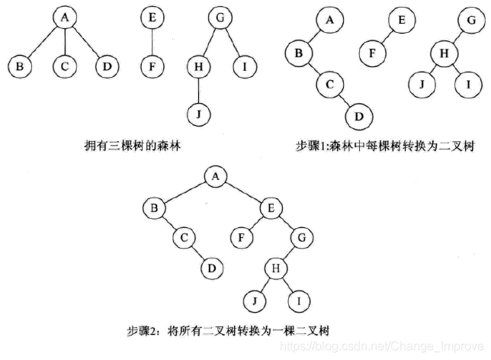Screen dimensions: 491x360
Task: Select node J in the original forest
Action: [197, 114]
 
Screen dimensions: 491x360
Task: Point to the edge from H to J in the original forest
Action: [197, 91]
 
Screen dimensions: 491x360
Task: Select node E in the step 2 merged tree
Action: [271, 207]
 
